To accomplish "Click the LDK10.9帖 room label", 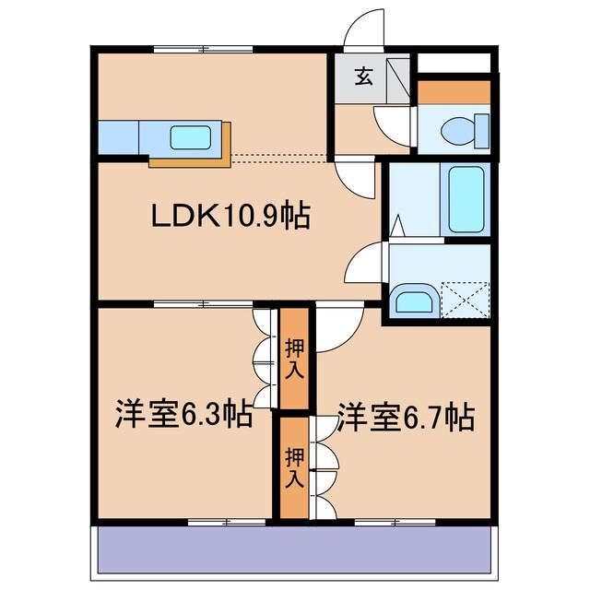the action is coord(230,215).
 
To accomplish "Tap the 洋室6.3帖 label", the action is coord(183,414).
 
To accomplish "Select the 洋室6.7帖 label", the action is coord(406,417).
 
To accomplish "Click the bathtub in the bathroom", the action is coord(466,199).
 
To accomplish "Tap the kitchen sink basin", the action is coord(190,137).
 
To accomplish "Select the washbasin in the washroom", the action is coord(414,299).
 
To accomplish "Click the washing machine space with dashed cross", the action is coord(466,300).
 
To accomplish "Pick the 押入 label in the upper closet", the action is coord(294,359).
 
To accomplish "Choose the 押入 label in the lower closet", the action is coord(294,468).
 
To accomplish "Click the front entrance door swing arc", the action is coord(363,29).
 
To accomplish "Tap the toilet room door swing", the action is coord(391,125).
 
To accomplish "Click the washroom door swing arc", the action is coord(364,263).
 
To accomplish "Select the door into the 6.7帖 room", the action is coord(339,330).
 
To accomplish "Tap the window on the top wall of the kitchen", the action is coord(203,49).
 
